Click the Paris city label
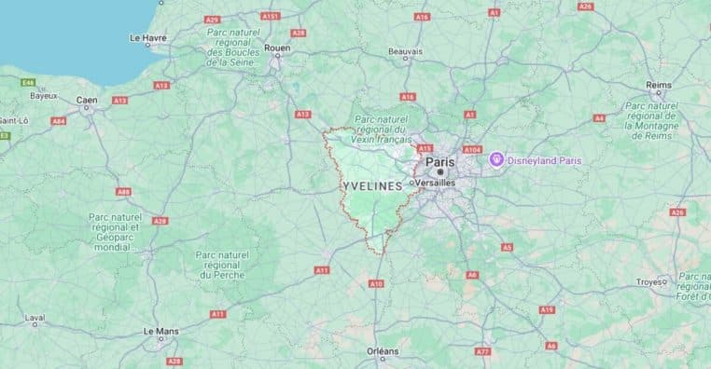tap(439, 162)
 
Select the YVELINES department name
tap(373, 186)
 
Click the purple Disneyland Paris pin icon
tap(496, 159)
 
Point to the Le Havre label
tap(147, 38)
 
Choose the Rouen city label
tap(278, 48)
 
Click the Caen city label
tap(87, 100)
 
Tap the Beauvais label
tap(406, 51)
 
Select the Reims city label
tap(659, 85)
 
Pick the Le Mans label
tap(161, 331)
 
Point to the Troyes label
tap(649, 281)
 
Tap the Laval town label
tap(35, 318)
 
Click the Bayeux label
tap(43, 95)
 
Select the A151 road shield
tap(271, 16)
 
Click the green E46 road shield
tap(28, 82)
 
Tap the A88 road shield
tap(123, 191)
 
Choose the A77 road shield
tap(482, 351)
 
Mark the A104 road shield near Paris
tap(471, 149)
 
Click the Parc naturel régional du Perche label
tap(220, 265)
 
